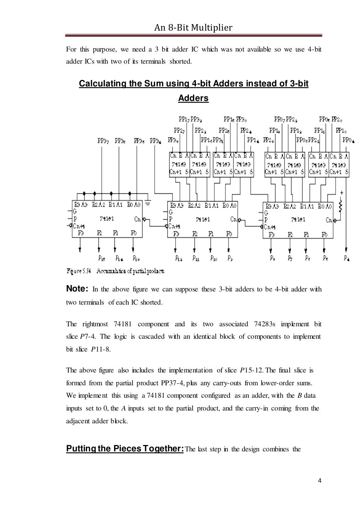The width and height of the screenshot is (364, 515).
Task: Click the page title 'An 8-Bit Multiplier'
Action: (193, 27)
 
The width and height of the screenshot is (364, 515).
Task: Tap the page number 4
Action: (320, 481)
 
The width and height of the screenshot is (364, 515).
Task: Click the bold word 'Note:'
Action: (77, 289)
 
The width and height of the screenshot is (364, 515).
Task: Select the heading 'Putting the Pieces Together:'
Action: (125, 449)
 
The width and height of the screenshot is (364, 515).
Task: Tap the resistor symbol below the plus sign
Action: (340, 205)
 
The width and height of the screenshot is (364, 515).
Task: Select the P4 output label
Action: (347, 258)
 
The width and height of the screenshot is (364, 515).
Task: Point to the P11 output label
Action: (196, 258)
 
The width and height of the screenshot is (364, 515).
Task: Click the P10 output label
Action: (213, 258)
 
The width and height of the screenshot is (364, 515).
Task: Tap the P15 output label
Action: (102, 258)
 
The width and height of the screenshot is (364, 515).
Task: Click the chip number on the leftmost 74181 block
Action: (107, 219)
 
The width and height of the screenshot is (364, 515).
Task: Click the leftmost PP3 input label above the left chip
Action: (103, 141)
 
